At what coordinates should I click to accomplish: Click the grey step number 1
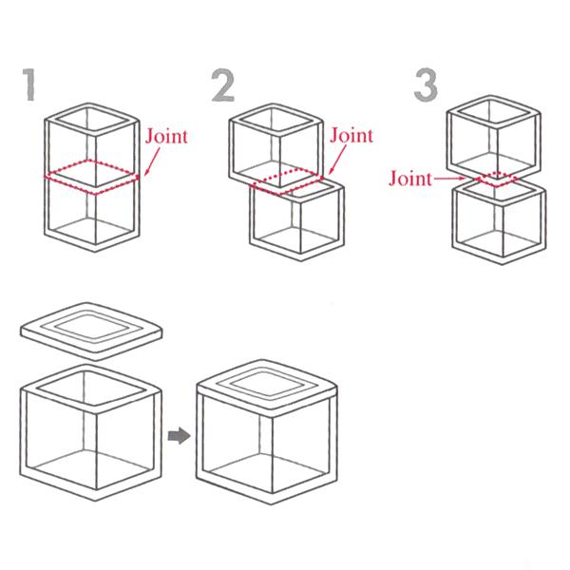(30, 85)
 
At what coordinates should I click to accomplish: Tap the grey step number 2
(223, 85)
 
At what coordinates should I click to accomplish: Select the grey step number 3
(426, 85)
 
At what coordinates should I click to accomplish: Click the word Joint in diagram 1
(166, 136)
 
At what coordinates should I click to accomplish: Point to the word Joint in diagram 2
(351, 135)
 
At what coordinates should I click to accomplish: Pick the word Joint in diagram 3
(410, 179)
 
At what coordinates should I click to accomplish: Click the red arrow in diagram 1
(152, 161)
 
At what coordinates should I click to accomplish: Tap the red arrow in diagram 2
(337, 160)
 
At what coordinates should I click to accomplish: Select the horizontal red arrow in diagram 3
(449, 179)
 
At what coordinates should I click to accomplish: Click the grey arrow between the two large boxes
(179, 435)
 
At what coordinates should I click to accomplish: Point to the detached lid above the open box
(91, 332)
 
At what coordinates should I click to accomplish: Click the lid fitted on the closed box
(267, 389)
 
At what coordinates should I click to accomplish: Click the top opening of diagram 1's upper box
(92, 120)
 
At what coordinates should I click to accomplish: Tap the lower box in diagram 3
(499, 222)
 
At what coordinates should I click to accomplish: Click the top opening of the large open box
(91, 389)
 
